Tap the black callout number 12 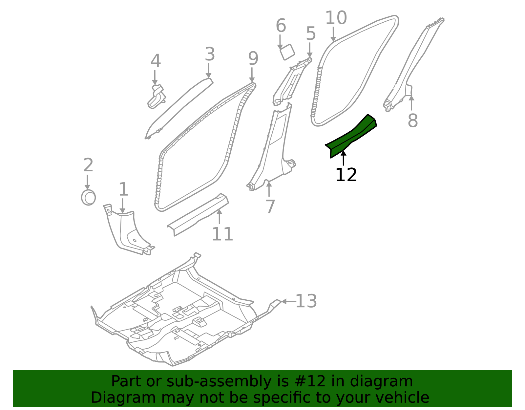(346, 175)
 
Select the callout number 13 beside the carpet (306, 301)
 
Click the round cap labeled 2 (88, 198)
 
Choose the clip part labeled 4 (157, 97)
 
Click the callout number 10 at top (336, 18)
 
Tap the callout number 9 (253, 59)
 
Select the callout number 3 (210, 54)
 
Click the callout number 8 (412, 120)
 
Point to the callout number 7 (270, 207)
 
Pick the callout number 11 (222, 234)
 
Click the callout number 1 (123, 189)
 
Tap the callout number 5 (310, 34)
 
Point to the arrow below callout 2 (87, 182)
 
